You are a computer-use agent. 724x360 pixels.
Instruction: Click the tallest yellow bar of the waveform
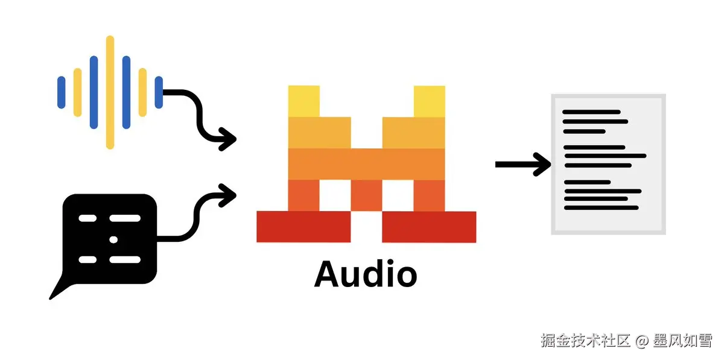click(x=110, y=92)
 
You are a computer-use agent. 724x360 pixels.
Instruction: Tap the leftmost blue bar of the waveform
click(x=61, y=92)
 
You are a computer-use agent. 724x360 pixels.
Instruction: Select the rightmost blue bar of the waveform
click(x=159, y=92)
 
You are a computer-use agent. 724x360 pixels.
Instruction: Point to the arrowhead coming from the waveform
click(x=228, y=139)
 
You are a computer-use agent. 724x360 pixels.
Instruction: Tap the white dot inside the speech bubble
click(x=113, y=239)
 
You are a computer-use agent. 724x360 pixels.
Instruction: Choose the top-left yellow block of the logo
click(x=303, y=101)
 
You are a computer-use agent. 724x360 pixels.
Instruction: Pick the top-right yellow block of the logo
click(x=429, y=101)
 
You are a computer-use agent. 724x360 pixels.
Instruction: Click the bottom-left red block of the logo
click(x=303, y=226)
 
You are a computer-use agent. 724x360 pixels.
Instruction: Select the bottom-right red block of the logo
click(x=429, y=226)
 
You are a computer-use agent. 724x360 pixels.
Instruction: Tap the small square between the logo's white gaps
click(x=366, y=195)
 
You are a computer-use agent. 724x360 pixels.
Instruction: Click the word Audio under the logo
click(x=366, y=274)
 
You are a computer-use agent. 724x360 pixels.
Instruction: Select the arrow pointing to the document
click(x=522, y=164)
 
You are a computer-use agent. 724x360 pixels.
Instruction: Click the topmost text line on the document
click(x=591, y=112)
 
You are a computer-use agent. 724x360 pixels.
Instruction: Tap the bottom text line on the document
click(x=600, y=207)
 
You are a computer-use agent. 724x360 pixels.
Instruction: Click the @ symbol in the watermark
click(x=641, y=341)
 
